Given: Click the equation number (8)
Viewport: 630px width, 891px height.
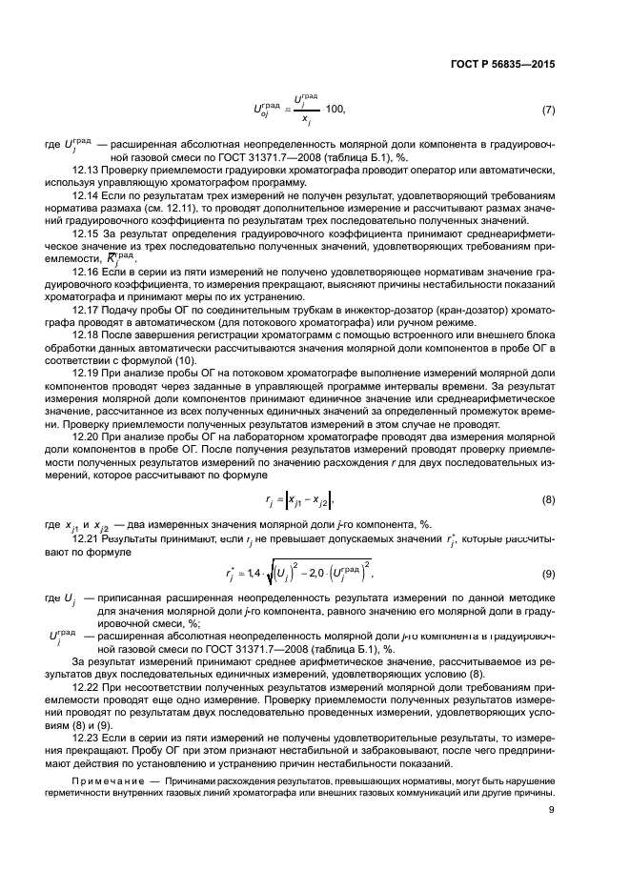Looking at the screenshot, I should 548,498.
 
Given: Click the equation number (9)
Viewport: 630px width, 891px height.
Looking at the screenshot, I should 548,574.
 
